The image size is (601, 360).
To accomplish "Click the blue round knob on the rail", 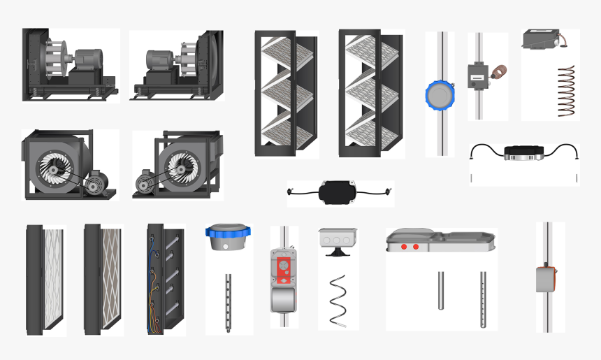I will click(440, 96).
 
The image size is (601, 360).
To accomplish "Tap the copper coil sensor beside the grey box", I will click(499, 73).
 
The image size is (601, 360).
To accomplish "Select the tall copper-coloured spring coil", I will click(566, 91).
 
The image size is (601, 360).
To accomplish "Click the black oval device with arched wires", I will click(523, 152).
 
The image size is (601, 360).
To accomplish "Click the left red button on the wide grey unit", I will click(404, 247).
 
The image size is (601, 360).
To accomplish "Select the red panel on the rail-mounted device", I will click(284, 267).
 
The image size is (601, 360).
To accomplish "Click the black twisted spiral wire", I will click(338, 297).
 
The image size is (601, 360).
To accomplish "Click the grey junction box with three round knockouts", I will click(338, 240).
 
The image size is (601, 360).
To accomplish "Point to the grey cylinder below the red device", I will click(284, 301).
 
